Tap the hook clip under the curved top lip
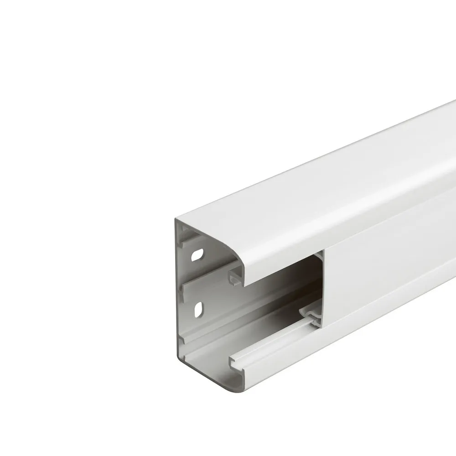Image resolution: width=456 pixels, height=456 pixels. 235,278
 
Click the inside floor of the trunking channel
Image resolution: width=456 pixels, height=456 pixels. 255,328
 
